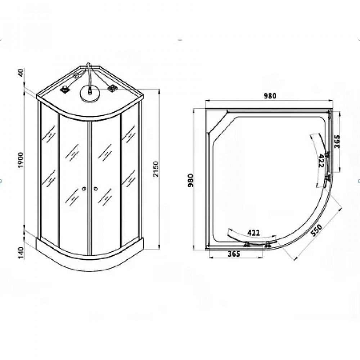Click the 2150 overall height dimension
pos(156,169)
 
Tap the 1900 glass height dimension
pos(21,160)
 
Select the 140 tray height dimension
pos(21,253)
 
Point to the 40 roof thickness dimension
pos(21,73)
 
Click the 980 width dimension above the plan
pos(270,96)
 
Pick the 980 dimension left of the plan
pos(190,180)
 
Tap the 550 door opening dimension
pos(316,230)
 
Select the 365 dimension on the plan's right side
pos(337,141)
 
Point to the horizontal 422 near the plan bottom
pos(253,233)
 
